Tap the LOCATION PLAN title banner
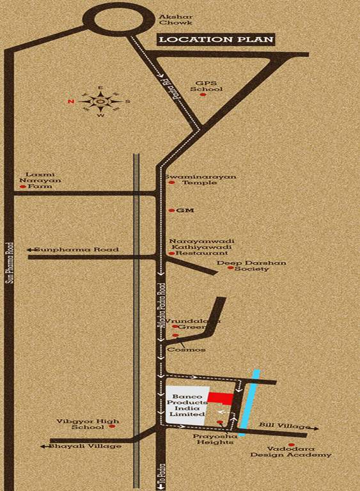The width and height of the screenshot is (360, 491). click(x=216, y=40)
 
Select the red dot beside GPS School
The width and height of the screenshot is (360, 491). click(x=203, y=95)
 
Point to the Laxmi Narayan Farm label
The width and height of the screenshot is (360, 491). click(x=40, y=180)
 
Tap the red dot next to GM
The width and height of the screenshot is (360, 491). click(x=171, y=210)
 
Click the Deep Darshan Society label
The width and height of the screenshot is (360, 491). click(x=251, y=265)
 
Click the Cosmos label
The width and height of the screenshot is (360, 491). click(x=187, y=350)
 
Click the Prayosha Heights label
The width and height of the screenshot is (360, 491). click(x=216, y=438)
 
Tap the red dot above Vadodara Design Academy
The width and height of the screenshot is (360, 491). click(x=292, y=444)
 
